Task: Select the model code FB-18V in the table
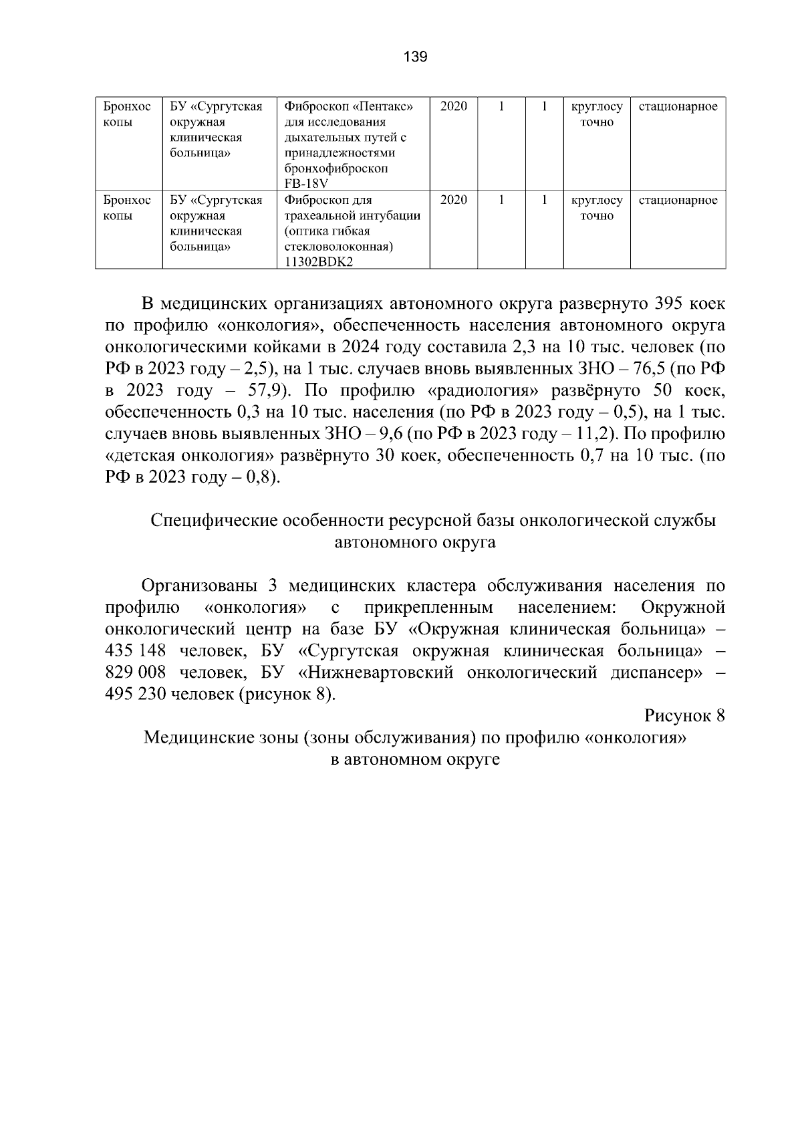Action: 307,184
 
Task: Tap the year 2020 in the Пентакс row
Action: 454,106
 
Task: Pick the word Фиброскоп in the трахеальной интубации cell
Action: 315,200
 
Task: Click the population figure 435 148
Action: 135,651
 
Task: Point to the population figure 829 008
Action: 135,672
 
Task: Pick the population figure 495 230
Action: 135,695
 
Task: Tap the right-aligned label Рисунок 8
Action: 684,716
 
